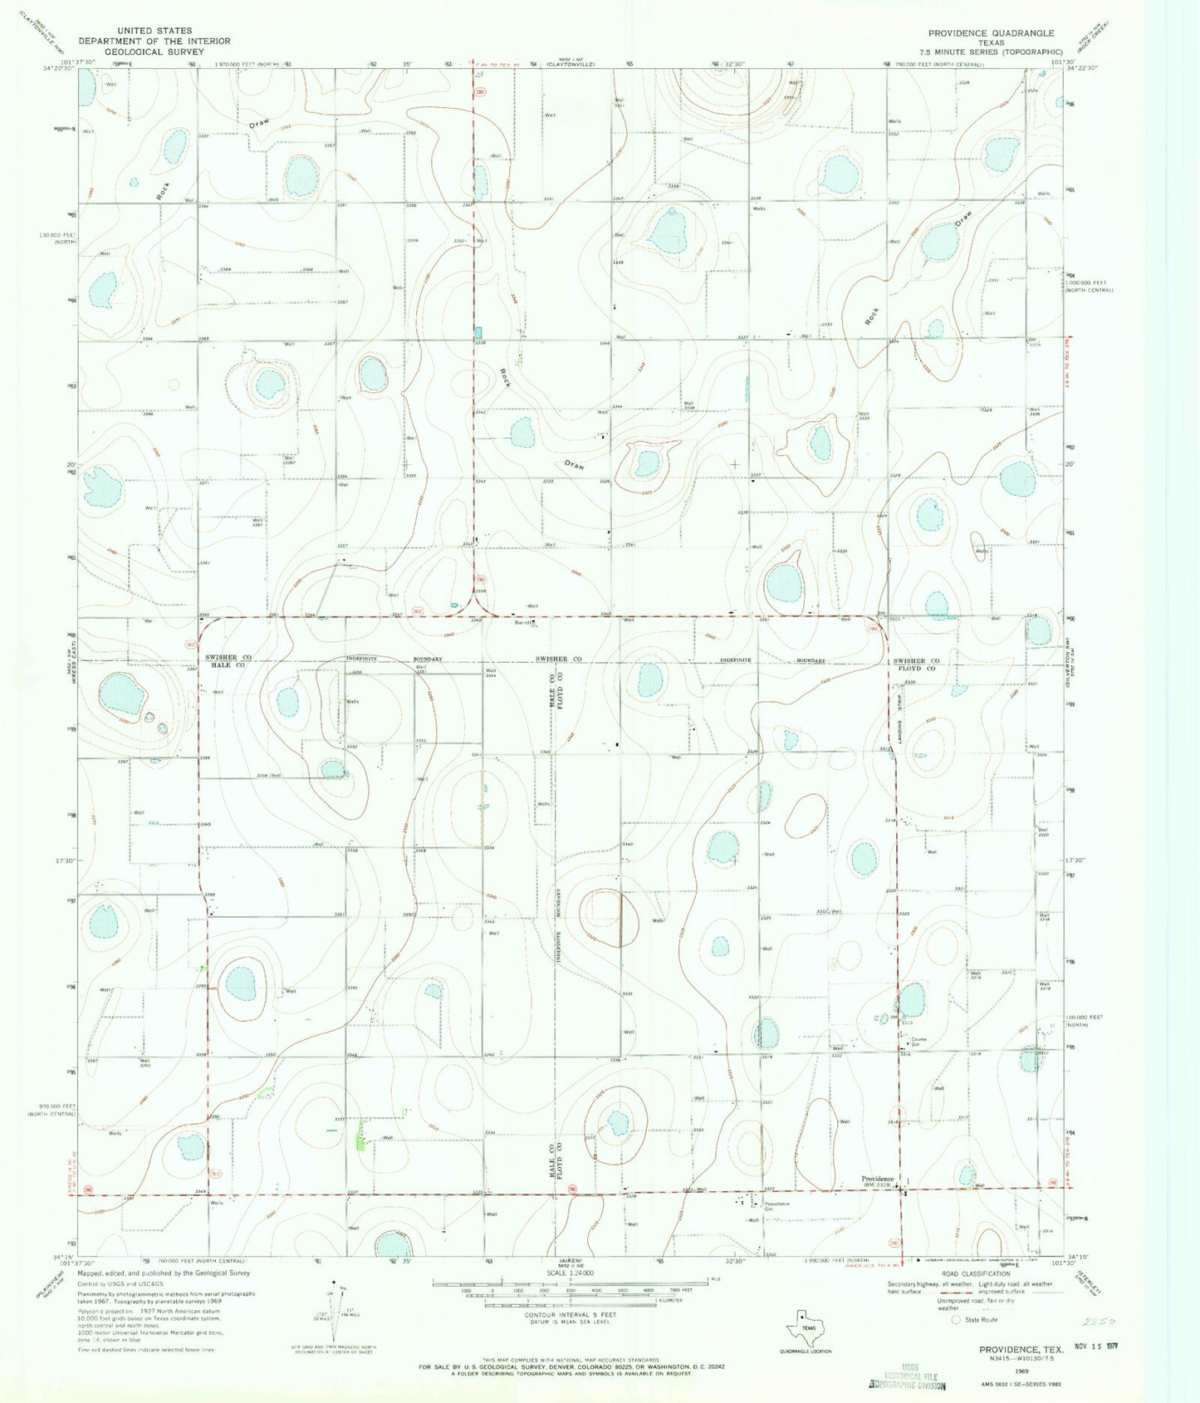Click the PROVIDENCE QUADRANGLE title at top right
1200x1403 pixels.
991,33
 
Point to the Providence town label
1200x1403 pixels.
877,1179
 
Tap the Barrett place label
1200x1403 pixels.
522,621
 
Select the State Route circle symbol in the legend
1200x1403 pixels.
955,1319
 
